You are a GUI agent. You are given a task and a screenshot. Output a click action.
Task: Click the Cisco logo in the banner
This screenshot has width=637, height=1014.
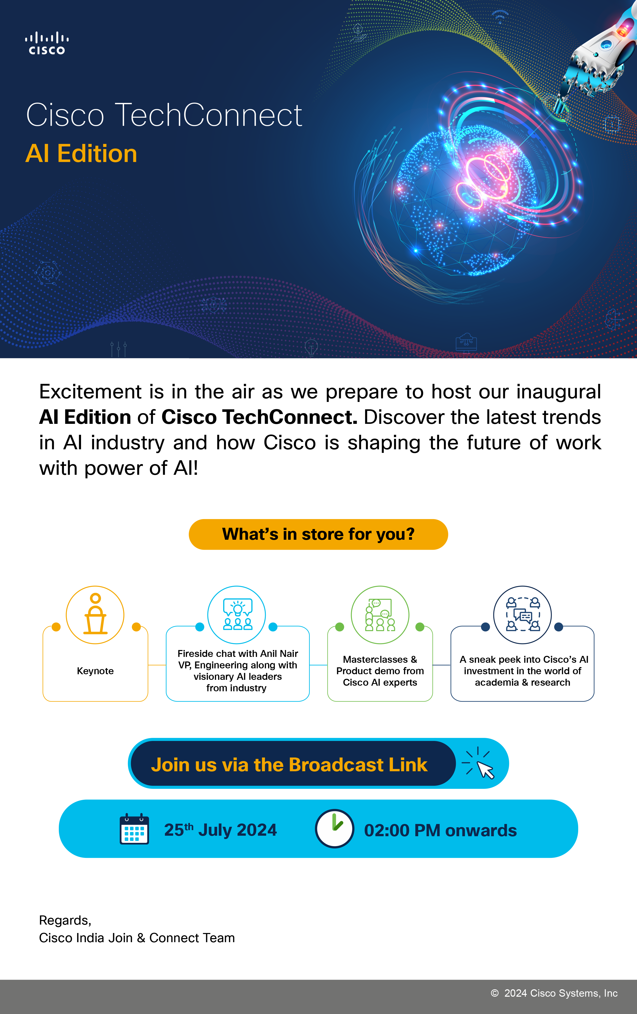click(x=47, y=43)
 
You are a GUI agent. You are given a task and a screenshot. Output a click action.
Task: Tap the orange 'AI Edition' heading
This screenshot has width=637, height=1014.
click(x=81, y=153)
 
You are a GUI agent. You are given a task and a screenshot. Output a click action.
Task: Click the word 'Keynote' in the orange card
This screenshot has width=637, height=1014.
click(x=95, y=671)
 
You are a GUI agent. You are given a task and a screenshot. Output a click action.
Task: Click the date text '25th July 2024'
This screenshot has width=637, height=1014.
click(x=220, y=830)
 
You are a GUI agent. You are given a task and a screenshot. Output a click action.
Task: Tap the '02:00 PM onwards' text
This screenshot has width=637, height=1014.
click(x=440, y=830)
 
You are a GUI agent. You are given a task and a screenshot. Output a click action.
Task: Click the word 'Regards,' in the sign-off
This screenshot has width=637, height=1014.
click(x=65, y=921)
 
